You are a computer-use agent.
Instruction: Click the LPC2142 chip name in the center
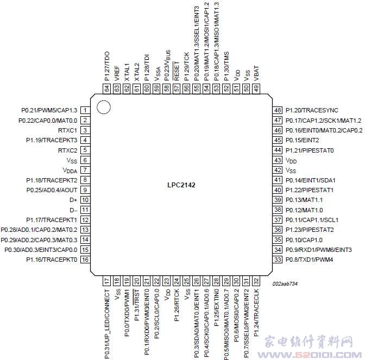coord(181,185)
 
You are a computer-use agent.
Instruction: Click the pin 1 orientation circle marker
coord(103,108)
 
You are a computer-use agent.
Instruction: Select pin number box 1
coord(85,110)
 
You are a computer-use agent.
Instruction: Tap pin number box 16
coord(85,260)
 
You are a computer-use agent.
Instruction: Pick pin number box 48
coord(278,110)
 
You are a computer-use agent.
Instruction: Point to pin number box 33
coord(278,260)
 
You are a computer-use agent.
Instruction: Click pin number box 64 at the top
coord(107,89)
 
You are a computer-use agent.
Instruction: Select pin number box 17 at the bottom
coord(107,281)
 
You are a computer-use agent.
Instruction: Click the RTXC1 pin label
coord(67,130)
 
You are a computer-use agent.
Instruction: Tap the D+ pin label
coord(73,200)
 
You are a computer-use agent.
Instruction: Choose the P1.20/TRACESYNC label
coord(312,110)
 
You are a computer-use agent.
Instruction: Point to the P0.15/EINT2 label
coord(302,140)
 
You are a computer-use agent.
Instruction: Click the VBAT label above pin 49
coord(256,73)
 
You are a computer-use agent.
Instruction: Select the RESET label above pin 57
coord(177,71)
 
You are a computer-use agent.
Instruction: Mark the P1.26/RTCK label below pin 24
coord(177,305)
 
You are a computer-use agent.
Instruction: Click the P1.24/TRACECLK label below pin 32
coord(256,313)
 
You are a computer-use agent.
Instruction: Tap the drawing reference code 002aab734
coord(285,283)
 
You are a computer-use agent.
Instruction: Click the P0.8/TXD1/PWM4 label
coord(310,260)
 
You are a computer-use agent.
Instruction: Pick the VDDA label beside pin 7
coord(70,170)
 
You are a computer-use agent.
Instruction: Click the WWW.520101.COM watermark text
coord(310,355)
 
